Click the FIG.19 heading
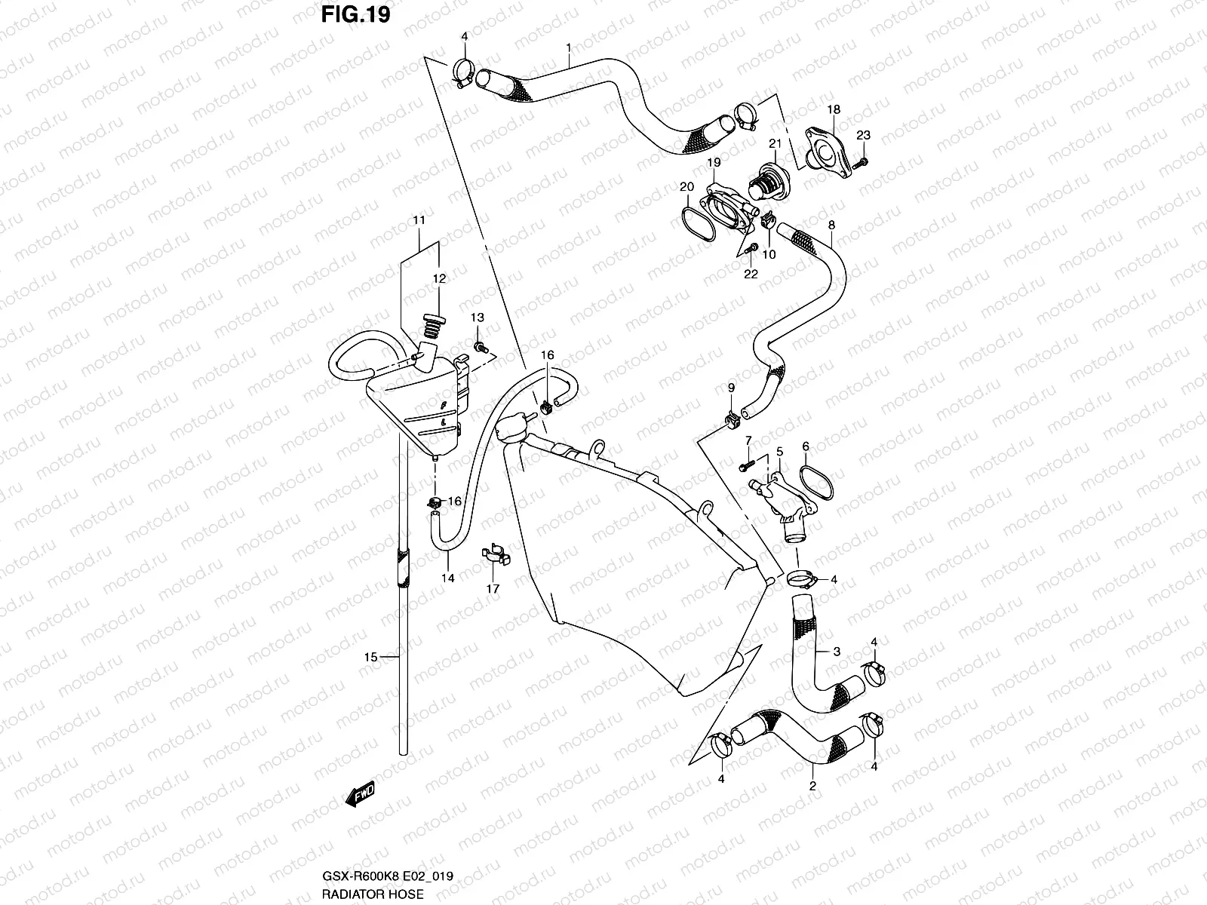pos(355,15)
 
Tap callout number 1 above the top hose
pos(568,47)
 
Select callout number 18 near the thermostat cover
pos(833,109)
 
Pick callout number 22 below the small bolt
pos(751,274)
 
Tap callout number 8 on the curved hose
pos(831,225)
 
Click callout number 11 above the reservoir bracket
pos(419,220)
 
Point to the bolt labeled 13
pos(479,347)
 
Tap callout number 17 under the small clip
pos(493,589)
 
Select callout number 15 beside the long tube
pos(370,658)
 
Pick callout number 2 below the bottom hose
pos(812,787)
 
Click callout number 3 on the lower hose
pos(836,651)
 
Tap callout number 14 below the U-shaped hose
pos(448,578)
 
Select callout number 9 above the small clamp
pos(730,388)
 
